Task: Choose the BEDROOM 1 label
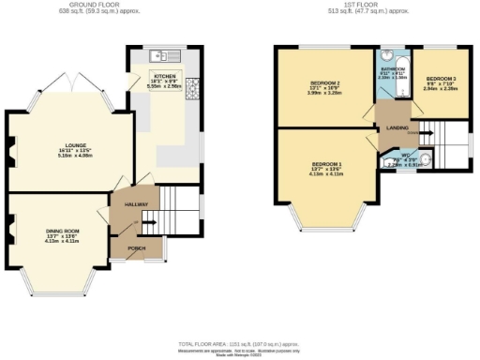[325, 165]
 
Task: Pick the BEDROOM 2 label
[324, 83]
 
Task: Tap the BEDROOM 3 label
[441, 79]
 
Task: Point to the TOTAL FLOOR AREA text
[239, 343]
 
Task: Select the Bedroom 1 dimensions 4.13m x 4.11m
[325, 175]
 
